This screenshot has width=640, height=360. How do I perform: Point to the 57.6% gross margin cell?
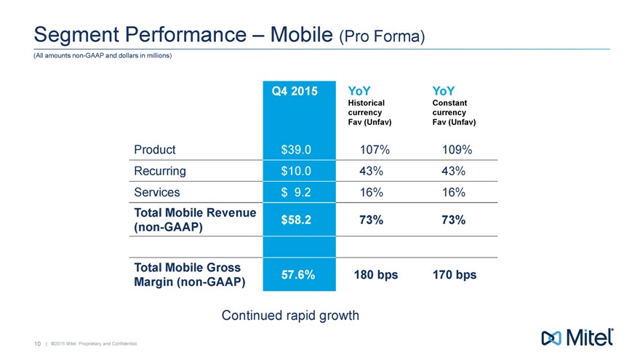(297, 275)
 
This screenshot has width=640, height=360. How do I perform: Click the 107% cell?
(375, 150)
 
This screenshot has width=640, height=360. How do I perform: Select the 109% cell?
(457, 150)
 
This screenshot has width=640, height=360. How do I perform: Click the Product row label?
(154, 150)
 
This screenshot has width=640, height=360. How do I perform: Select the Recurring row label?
(160, 171)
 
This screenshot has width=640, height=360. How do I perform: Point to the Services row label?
(158, 192)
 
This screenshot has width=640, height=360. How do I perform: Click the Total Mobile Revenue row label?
(195, 220)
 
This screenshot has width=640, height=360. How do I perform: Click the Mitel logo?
(578, 337)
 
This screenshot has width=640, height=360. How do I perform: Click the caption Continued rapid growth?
(290, 316)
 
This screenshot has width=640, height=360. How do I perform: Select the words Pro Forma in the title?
(383, 36)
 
